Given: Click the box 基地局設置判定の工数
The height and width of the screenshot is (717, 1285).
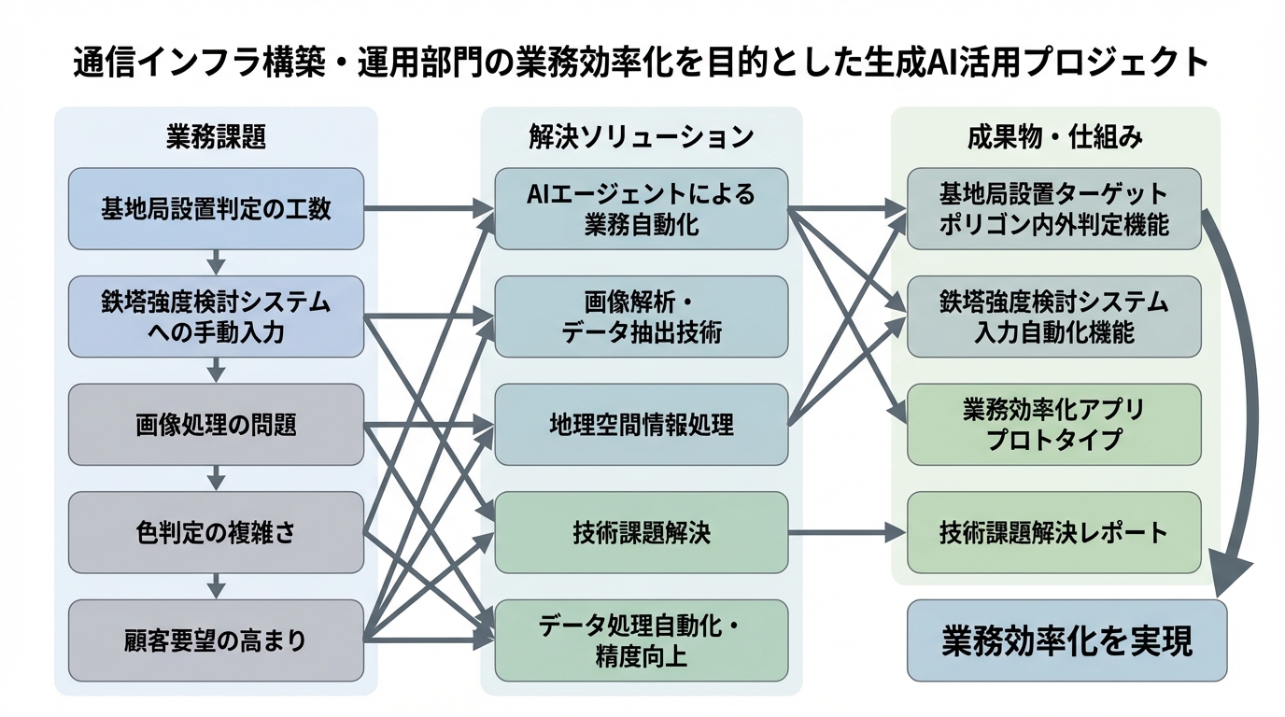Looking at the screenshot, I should [216, 208].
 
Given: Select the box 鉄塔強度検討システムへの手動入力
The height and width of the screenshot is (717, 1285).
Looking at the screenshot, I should [216, 316].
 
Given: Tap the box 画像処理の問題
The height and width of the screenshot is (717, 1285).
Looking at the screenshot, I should [216, 425].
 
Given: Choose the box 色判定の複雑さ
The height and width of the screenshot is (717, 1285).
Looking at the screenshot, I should [216, 532].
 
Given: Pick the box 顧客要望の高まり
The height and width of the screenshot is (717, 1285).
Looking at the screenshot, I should [216, 640].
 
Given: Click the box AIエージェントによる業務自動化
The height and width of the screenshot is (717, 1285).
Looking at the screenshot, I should [641, 208].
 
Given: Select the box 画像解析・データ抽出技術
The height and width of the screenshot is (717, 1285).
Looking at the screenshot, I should [641, 316].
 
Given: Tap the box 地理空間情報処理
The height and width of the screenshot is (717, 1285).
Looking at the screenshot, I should [641, 425].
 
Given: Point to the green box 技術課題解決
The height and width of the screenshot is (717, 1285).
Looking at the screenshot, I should [641, 532].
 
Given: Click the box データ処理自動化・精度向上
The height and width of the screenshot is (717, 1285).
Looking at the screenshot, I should [641, 640].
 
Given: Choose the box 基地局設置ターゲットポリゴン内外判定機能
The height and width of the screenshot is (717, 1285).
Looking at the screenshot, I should [1053, 208].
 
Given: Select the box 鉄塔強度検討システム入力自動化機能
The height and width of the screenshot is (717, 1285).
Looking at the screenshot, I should [1053, 316].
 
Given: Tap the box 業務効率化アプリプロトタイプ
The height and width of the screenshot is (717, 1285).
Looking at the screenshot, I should [1053, 425].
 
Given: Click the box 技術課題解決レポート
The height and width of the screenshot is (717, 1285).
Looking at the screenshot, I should [1053, 532].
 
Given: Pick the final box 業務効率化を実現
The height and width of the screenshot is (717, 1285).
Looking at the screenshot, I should [1066, 640].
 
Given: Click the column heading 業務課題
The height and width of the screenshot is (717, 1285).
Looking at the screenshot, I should [216, 136].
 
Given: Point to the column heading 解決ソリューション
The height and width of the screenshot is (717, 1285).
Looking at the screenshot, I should [641, 136].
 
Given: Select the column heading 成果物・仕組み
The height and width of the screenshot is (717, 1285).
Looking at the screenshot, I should [1054, 136].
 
